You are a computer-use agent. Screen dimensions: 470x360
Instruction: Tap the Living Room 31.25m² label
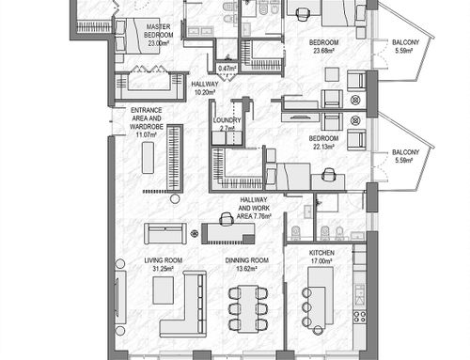coord(163,264)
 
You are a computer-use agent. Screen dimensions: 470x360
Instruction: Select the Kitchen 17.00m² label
coord(321,257)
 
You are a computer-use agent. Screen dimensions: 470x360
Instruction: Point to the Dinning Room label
coord(247,260)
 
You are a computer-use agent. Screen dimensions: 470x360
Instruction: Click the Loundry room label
coord(227,120)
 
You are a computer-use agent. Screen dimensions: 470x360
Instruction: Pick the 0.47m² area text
coord(227,69)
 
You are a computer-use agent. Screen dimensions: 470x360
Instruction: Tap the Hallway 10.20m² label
coord(205,88)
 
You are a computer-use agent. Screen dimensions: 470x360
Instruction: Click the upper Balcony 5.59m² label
coord(405,46)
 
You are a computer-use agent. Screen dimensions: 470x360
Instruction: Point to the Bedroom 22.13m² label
coord(323,142)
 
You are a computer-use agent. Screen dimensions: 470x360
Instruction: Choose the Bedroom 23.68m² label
coord(323,46)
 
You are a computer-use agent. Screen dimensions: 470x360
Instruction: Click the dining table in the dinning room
coord(248,308)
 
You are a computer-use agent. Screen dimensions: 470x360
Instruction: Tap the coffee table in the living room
coord(163,290)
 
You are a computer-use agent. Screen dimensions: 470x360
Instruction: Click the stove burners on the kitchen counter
coord(359,316)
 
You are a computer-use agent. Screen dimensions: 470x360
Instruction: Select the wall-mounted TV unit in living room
coord(120,296)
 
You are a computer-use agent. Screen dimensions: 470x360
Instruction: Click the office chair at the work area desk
coord(227,219)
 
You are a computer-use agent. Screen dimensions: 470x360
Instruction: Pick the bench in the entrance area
coord(148,158)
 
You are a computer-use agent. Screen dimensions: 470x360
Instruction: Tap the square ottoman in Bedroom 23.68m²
coord(332,74)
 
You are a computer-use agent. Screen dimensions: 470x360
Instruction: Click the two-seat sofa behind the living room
coord(165,233)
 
